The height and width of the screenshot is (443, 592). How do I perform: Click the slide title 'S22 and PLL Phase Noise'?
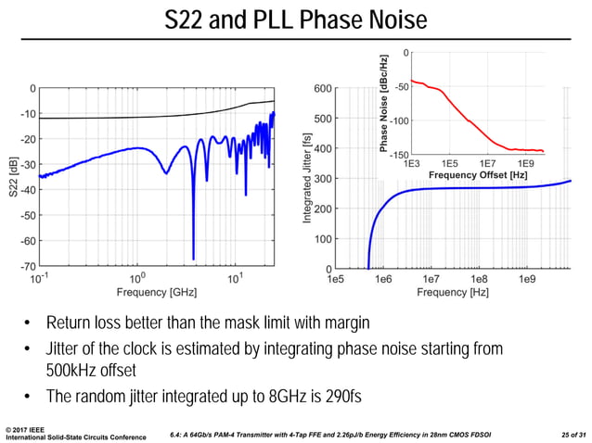pyautogui.click(x=295, y=19)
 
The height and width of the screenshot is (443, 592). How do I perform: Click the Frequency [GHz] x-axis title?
pyautogui.click(x=156, y=292)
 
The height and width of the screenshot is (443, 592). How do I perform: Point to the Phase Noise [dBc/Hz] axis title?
pyautogui.click(x=383, y=103)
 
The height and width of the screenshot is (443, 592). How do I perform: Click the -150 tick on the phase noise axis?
pyautogui.click(x=397, y=155)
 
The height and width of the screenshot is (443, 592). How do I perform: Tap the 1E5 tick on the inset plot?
pyautogui.click(x=448, y=163)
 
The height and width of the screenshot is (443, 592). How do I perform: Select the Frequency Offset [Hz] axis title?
pyautogui.click(x=477, y=174)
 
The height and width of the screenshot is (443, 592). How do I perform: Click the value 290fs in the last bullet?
pyautogui.click(x=338, y=397)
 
